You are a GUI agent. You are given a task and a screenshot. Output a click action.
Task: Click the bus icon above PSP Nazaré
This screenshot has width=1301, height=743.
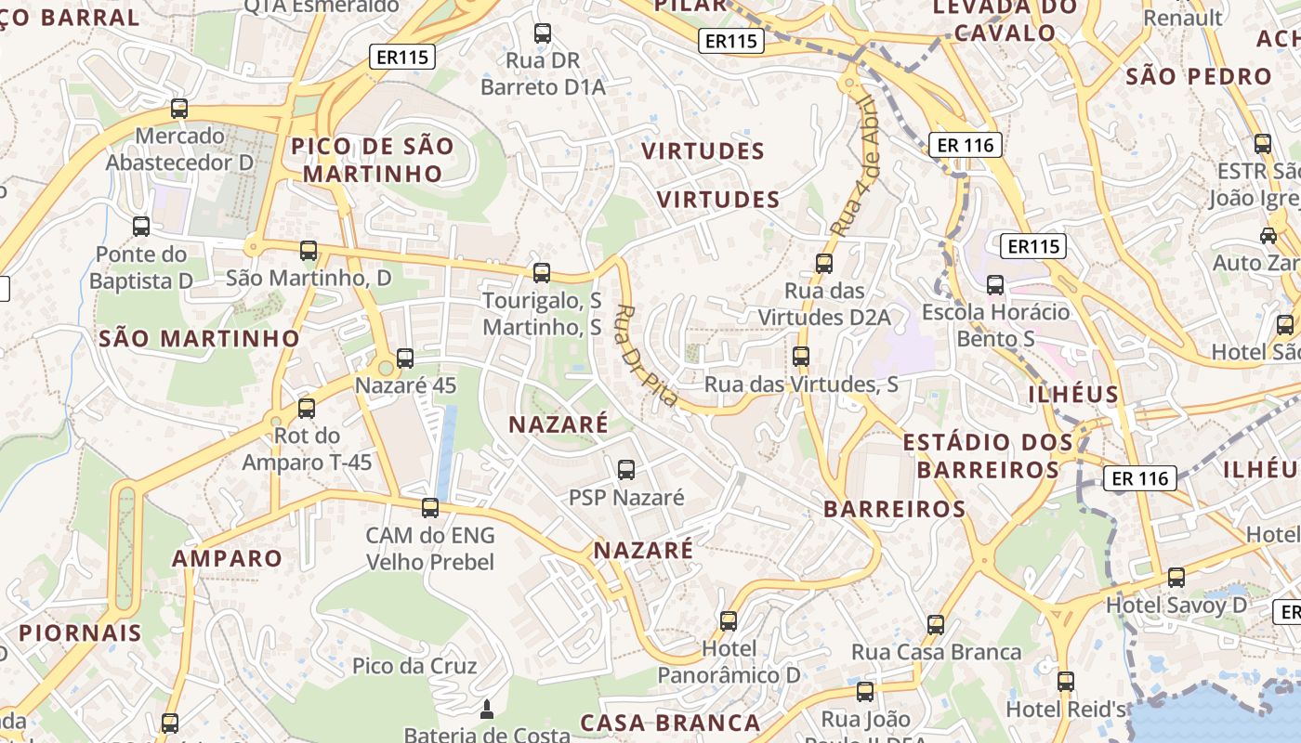[x=626, y=469]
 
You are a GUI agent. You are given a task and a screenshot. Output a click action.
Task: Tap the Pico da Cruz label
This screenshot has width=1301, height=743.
[x=414, y=666]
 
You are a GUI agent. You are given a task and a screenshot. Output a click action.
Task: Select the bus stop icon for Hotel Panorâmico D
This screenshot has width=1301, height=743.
[x=729, y=620]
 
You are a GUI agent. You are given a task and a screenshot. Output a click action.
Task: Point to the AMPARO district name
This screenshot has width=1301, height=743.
[x=227, y=558]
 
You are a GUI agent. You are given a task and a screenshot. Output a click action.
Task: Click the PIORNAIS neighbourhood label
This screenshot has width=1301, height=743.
[x=81, y=633]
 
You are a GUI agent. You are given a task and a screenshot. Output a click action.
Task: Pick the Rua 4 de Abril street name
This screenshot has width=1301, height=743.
[x=855, y=165]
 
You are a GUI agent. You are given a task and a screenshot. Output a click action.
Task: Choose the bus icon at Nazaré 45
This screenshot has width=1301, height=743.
[x=405, y=358]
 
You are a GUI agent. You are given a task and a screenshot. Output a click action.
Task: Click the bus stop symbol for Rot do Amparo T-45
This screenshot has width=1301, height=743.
[x=307, y=408]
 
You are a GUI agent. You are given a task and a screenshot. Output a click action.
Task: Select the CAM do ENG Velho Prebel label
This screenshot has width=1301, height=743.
[x=430, y=548]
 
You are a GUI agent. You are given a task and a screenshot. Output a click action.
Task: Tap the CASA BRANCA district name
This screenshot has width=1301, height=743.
[x=670, y=723]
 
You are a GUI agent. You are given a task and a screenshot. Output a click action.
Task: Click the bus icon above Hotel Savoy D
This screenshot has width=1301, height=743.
[x=1176, y=577]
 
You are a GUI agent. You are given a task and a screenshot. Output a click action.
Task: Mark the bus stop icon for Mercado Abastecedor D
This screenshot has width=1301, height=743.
[x=179, y=109]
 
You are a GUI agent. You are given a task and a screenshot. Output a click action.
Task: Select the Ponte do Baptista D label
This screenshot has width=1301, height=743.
[x=141, y=267]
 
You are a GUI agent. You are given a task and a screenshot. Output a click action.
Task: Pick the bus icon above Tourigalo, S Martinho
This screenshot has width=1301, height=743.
[x=542, y=273]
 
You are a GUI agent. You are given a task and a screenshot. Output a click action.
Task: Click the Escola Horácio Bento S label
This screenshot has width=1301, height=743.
[x=995, y=325]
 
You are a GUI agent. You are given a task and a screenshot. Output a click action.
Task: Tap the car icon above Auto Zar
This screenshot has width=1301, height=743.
[x=1268, y=235]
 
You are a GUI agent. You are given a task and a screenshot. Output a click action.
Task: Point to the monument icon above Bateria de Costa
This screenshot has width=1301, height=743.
[x=486, y=710]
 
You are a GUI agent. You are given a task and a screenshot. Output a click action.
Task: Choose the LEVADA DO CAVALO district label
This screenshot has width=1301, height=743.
[x=1005, y=20]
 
